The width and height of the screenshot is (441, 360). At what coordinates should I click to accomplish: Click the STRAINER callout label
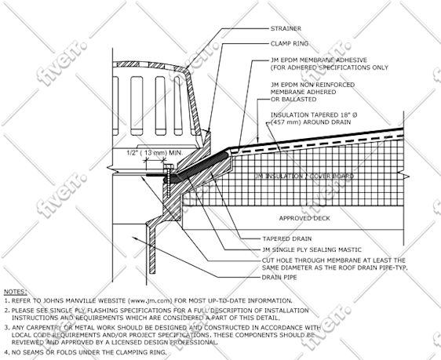[x=286, y=28]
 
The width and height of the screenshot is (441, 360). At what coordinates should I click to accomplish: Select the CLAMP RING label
[x=290, y=44]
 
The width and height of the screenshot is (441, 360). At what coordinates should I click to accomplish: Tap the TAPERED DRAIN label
[x=287, y=238]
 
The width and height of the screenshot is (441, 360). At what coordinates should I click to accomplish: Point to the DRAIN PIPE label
[x=279, y=278]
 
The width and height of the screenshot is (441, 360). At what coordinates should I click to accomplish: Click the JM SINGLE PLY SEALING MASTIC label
[x=312, y=249]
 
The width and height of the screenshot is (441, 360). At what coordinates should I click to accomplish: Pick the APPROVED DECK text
[x=304, y=218]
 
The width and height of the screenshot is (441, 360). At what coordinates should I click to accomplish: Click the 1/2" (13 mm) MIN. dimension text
[x=155, y=153]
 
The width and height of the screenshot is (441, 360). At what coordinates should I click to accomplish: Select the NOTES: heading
[x=16, y=292]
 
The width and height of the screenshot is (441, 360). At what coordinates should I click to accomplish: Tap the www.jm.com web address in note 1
[x=150, y=300]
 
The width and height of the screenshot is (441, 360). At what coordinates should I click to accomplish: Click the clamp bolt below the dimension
[x=168, y=181]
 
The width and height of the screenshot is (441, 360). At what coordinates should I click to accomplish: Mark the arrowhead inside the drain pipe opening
[x=135, y=238]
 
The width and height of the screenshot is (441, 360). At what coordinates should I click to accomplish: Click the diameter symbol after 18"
[x=355, y=115]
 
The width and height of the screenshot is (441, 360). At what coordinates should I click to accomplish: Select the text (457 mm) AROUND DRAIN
[x=311, y=122]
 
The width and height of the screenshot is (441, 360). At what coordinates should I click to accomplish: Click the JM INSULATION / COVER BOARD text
[x=304, y=176]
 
